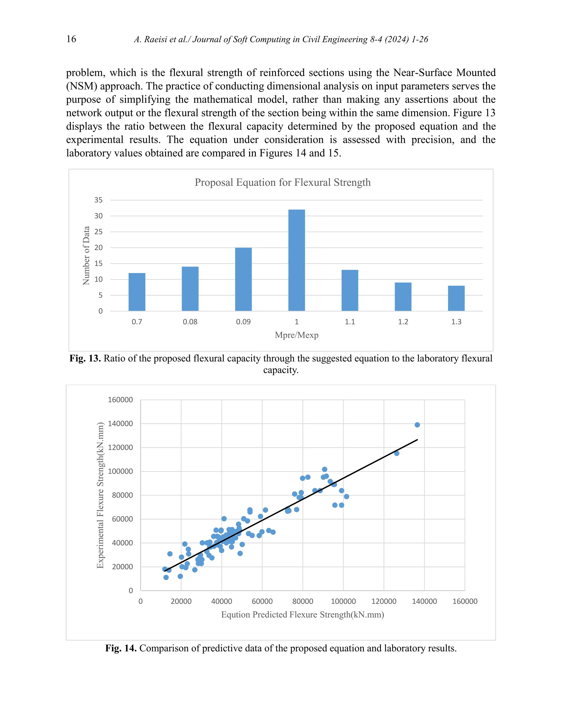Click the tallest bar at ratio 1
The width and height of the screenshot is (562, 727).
pyautogui.click(x=296, y=260)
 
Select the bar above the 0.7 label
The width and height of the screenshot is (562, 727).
pyautogui.click(x=137, y=292)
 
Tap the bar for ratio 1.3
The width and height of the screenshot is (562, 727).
pyautogui.click(x=456, y=298)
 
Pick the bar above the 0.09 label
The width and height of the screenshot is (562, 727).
pyautogui.click(x=243, y=279)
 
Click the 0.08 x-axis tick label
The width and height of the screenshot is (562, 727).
pyautogui.click(x=190, y=322)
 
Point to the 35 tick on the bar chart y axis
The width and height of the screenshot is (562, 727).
pyautogui.click(x=98, y=200)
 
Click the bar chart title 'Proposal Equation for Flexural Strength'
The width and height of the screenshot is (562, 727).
pyautogui.click(x=282, y=182)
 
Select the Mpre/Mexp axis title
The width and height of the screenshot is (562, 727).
pyautogui.click(x=296, y=335)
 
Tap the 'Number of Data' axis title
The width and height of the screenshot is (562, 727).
pyautogui.click(x=86, y=255)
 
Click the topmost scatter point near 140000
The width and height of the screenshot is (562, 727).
pyautogui.click(x=417, y=425)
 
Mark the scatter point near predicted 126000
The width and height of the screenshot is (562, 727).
pyautogui.click(x=397, y=453)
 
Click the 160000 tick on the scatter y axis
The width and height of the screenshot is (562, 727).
pyautogui.click(x=120, y=400)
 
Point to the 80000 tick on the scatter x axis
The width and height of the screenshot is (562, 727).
pyautogui.click(x=303, y=601)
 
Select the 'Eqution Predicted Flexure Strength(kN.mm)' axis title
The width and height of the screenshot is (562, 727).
pyautogui.click(x=302, y=615)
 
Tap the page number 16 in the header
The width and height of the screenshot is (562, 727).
pyautogui.click(x=71, y=39)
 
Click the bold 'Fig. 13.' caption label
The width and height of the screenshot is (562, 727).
pyautogui.click(x=85, y=358)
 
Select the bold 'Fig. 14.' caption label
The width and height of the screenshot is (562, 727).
pyautogui.click(x=121, y=648)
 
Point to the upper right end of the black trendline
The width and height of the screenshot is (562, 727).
pyautogui.click(x=417, y=440)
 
